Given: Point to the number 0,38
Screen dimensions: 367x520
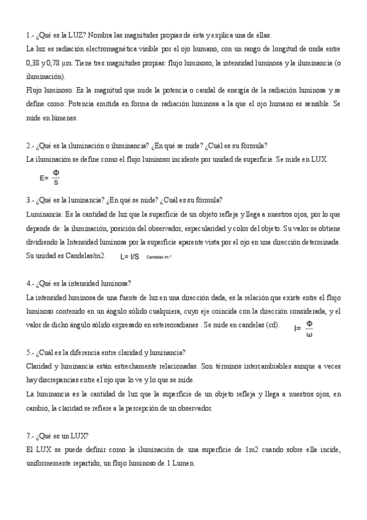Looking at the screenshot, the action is click(34, 63).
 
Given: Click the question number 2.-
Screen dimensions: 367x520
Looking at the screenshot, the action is click(30, 145).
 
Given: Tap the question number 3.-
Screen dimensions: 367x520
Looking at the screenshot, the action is click(30, 200).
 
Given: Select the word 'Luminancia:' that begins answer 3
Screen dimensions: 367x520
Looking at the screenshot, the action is click(44, 214).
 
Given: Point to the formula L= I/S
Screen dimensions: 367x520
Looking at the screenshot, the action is click(129, 256).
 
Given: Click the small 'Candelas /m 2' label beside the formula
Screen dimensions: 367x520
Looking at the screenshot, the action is click(159, 257).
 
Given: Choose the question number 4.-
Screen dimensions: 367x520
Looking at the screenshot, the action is click(30, 283).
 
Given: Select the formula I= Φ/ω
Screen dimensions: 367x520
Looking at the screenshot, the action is click(304, 328).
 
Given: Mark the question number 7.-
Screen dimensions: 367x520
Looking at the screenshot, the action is click(30, 436).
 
